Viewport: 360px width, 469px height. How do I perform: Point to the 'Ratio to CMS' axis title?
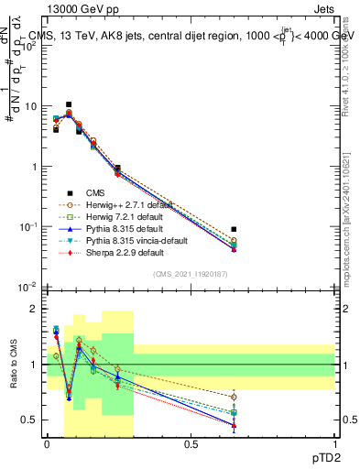pos(12,366)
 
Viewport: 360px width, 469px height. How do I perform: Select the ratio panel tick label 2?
pos(35,309)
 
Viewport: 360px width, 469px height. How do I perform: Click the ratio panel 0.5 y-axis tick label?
pos(30,420)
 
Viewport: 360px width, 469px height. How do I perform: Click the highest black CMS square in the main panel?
pos(69,104)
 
